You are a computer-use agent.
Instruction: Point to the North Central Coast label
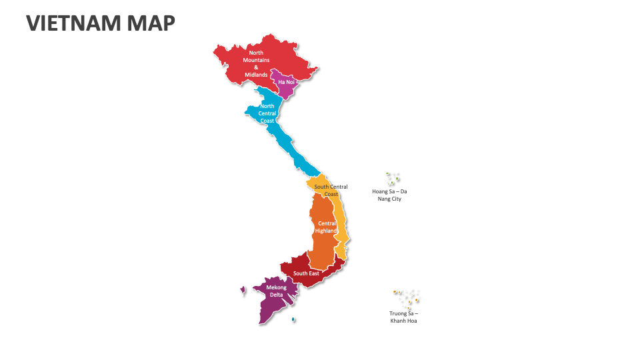pyautogui.click(x=267, y=113)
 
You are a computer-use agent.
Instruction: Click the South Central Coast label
pyautogui.click(x=331, y=191)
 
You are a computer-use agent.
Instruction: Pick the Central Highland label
pyautogui.click(x=327, y=227)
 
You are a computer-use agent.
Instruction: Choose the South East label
pyautogui.click(x=306, y=273)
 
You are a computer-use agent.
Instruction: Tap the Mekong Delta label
pyautogui.click(x=276, y=291)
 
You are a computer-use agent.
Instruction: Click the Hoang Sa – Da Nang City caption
pyautogui.click(x=389, y=195)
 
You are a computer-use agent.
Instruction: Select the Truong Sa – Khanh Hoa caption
pyautogui.click(x=403, y=317)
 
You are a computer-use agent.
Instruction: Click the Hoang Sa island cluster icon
pyautogui.click(x=393, y=178)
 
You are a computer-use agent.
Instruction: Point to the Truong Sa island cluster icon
pyautogui.click(x=407, y=297)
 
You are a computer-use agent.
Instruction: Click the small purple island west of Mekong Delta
pyautogui.click(x=243, y=289)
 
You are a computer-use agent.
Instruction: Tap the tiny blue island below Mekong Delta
pyautogui.click(x=293, y=320)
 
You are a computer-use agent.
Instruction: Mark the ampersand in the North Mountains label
pyautogui.click(x=256, y=67)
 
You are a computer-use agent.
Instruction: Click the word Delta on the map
pyautogui.click(x=276, y=295)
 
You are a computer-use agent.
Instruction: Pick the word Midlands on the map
pyautogui.click(x=256, y=75)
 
